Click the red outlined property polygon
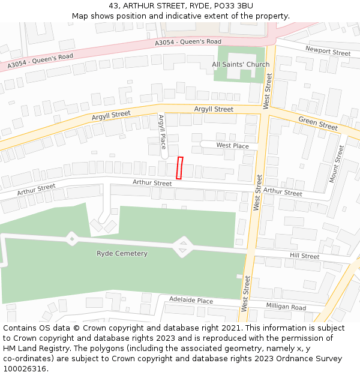tap(179, 167)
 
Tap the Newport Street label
tap(327, 52)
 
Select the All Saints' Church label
tap(241, 64)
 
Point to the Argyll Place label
tap(162, 133)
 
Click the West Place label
tap(232, 146)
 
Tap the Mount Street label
tap(337, 164)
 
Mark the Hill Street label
tap(305, 256)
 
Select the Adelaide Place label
tap(191, 300)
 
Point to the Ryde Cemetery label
tap(122, 253)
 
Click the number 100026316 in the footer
tap(25, 369)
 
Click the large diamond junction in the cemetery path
tap(182, 246)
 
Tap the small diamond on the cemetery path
tap(72, 239)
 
